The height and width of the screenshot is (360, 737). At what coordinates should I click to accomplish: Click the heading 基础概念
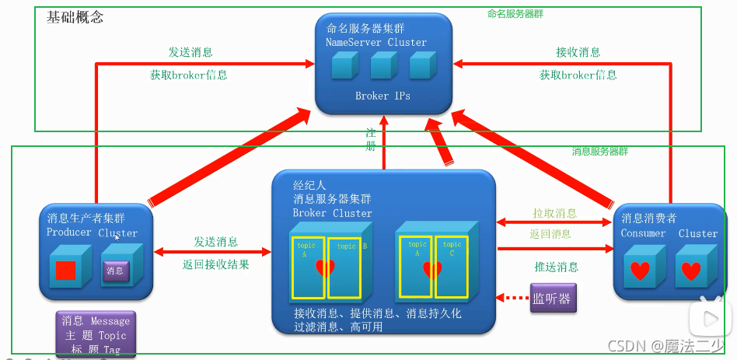coord(75,17)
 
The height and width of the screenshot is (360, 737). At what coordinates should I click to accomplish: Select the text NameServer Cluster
coord(376,42)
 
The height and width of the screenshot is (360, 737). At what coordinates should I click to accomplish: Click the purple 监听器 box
coord(554,299)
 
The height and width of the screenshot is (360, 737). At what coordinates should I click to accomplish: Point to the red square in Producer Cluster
coord(65,271)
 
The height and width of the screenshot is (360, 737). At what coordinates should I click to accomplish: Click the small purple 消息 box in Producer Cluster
coord(115,271)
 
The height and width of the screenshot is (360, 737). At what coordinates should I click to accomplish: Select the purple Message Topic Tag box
coord(96,333)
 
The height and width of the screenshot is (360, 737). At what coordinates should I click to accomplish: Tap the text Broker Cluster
coord(332,213)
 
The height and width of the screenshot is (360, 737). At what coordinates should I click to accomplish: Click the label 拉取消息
coord(554,213)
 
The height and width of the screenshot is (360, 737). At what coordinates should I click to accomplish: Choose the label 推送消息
coord(556,267)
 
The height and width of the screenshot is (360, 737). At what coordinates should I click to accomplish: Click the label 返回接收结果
coord(216,264)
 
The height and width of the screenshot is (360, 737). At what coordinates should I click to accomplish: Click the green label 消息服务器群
coord(600,151)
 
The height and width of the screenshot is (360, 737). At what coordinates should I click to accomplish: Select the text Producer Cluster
coord(92,232)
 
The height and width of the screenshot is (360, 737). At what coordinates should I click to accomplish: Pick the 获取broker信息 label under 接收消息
coord(578,75)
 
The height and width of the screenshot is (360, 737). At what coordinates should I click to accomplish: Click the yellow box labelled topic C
coord(450,266)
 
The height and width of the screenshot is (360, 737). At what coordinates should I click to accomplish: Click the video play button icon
coord(710,318)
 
